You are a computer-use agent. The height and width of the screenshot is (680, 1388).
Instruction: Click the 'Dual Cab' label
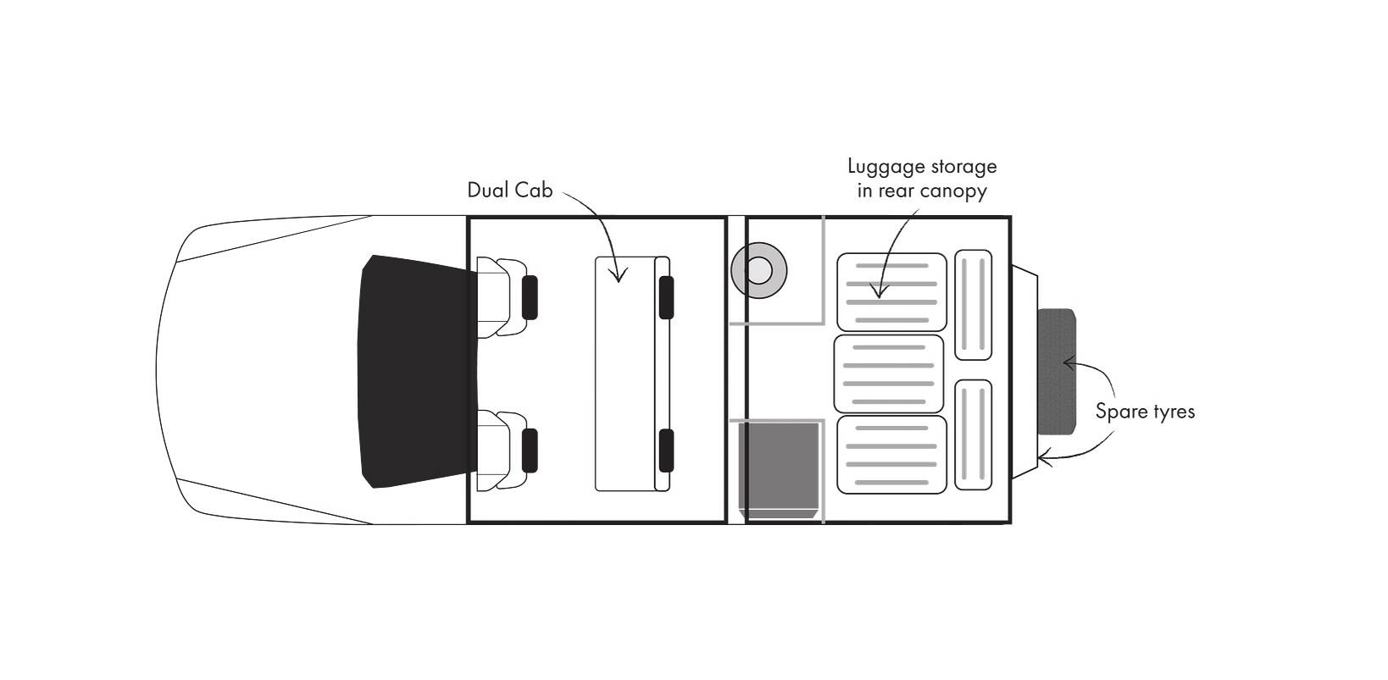509,191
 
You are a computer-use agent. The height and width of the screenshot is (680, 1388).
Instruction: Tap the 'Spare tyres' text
1145,412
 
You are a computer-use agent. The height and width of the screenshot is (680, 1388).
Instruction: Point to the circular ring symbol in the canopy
758,272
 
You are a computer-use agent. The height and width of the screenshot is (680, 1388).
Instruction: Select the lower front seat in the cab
500,450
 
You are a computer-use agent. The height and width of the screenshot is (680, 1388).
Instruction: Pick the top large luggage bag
891,291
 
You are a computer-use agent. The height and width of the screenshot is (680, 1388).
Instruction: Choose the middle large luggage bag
888,373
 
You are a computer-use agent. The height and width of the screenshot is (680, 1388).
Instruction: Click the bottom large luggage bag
891,454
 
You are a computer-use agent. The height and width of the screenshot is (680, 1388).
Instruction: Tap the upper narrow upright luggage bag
973,304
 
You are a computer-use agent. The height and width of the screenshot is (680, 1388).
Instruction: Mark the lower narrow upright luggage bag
973,434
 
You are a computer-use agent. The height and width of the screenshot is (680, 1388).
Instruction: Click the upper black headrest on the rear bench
666,296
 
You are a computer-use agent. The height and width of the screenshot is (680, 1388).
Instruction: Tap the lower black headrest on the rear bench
666,450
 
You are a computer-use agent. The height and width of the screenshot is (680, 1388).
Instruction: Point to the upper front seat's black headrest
530,296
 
